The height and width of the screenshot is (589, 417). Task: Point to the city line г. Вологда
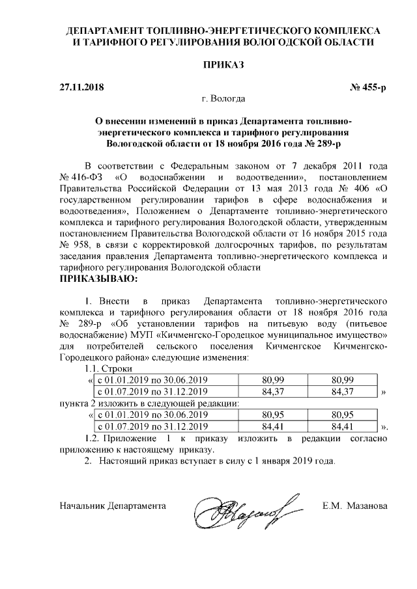point(223,100)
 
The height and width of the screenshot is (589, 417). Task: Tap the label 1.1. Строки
point(108,369)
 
